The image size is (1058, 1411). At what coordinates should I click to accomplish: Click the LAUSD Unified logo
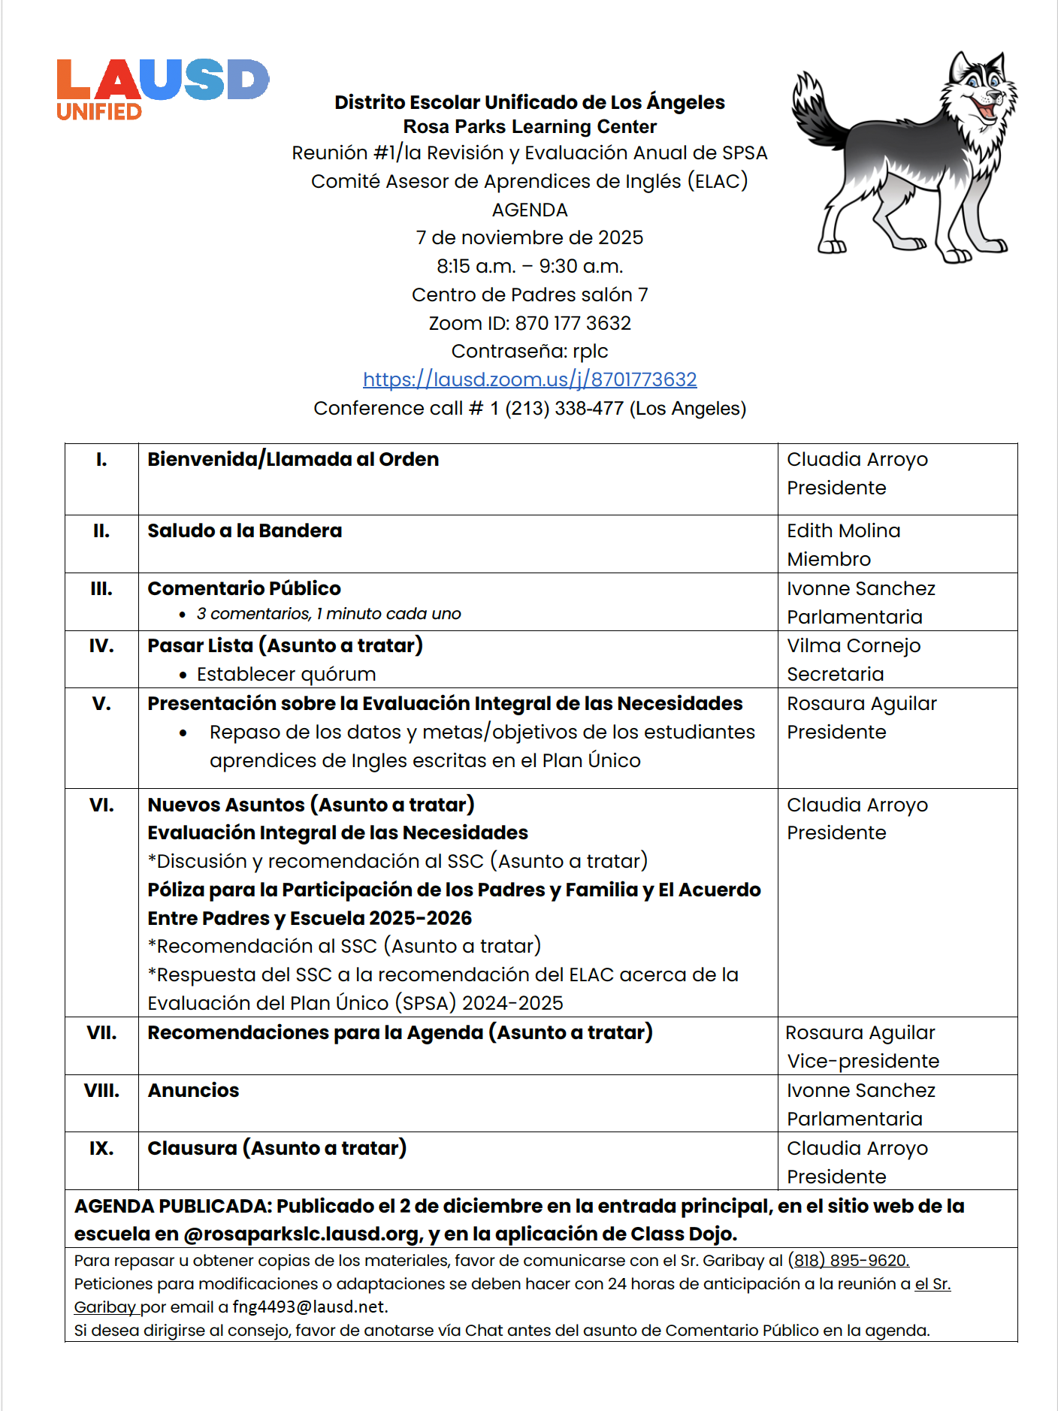162,89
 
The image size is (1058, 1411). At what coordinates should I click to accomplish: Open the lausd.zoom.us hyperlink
530,379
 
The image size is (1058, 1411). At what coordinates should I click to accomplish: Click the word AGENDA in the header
530,210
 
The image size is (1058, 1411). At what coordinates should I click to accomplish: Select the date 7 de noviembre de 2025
530,237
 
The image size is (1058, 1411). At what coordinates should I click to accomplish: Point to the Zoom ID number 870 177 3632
573,323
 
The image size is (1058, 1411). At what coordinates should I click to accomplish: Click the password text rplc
590,351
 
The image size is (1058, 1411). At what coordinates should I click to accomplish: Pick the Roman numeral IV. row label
101,645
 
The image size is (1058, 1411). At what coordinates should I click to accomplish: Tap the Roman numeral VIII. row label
101,1090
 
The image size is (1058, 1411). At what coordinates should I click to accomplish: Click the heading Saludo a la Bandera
244,530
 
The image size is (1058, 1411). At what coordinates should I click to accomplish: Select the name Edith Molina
843,530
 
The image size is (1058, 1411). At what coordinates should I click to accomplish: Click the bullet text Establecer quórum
286,674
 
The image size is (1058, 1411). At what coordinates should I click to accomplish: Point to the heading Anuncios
193,1090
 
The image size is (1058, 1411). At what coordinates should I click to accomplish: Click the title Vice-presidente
863,1061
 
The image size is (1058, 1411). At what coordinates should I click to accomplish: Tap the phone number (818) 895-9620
848,1260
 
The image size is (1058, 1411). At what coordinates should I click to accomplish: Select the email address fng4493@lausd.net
309,1307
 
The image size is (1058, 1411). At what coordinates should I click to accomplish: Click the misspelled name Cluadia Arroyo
857,459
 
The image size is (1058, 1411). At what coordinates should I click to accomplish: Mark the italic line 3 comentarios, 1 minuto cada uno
328,614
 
